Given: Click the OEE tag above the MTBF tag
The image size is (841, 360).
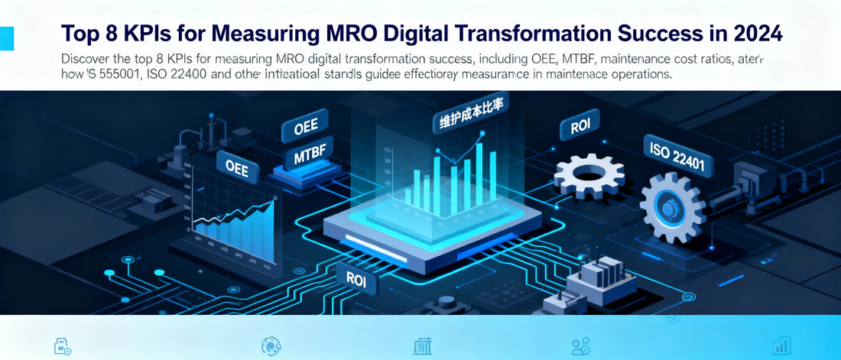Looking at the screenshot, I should pos(311,125).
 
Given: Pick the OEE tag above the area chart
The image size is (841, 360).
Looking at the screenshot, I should pos(237,166).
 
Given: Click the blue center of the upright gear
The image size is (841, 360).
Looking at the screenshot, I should pos(671,207).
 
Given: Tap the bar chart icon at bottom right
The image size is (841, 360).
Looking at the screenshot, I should pos(781,345).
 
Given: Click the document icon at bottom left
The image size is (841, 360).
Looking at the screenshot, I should pos(62,346).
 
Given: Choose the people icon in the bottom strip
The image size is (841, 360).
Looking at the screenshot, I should pos(581,346).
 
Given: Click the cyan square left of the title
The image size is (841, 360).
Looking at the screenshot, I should pos(7,37).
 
